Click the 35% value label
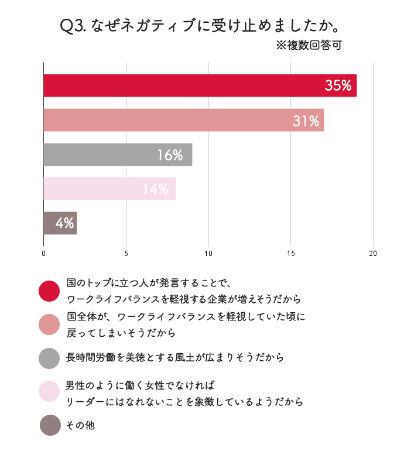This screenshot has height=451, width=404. [x=338, y=86]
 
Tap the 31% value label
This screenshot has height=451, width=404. [x=306, y=121]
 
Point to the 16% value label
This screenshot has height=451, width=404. [x=170, y=155]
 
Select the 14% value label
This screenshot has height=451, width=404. [x=155, y=189]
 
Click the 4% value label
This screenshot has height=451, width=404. [x=64, y=223]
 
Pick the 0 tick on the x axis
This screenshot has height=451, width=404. [x=44, y=254]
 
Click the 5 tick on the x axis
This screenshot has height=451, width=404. [x=126, y=254]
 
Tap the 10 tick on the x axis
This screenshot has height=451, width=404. [x=208, y=254]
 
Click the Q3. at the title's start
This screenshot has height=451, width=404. [x=74, y=26]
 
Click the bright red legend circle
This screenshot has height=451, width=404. [x=50, y=291]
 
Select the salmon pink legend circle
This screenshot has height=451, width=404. [x=50, y=324]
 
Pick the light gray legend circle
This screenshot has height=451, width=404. [x=50, y=358]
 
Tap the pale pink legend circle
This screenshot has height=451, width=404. [x=50, y=391]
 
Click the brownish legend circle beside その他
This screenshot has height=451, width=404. [x=50, y=425]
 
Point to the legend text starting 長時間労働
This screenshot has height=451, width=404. [x=175, y=357]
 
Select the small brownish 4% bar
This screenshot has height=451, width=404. [x=60, y=223]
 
